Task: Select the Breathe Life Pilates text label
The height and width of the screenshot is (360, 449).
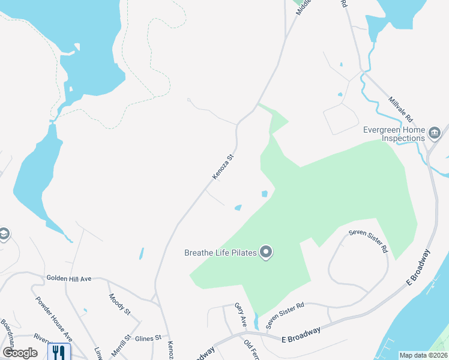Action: (x=220, y=253)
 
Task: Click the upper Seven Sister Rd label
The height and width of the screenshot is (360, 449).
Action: (x=369, y=241)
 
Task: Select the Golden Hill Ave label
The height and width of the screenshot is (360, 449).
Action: (x=69, y=278)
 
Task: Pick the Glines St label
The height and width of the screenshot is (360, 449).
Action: (x=148, y=338)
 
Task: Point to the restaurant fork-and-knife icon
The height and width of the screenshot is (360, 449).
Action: (x=59, y=352)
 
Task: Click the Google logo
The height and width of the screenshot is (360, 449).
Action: (x=20, y=353)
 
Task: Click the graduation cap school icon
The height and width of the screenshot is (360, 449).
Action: (x=4, y=234)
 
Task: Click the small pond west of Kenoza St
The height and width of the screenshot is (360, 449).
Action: (x=142, y=253)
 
